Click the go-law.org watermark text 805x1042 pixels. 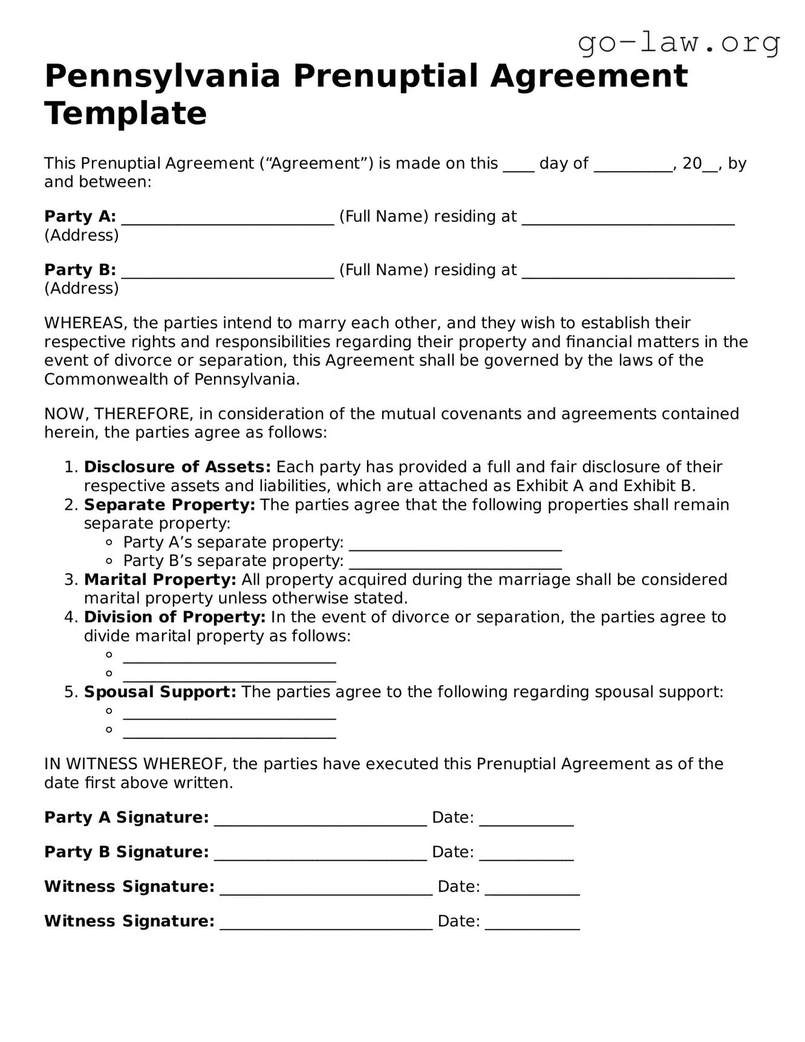click(679, 44)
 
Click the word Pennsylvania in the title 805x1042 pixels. click(163, 77)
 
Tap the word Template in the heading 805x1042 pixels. click(125, 114)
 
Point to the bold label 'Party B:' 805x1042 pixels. click(80, 270)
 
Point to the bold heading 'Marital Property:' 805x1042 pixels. click(160, 579)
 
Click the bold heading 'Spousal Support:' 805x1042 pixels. click(160, 692)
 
